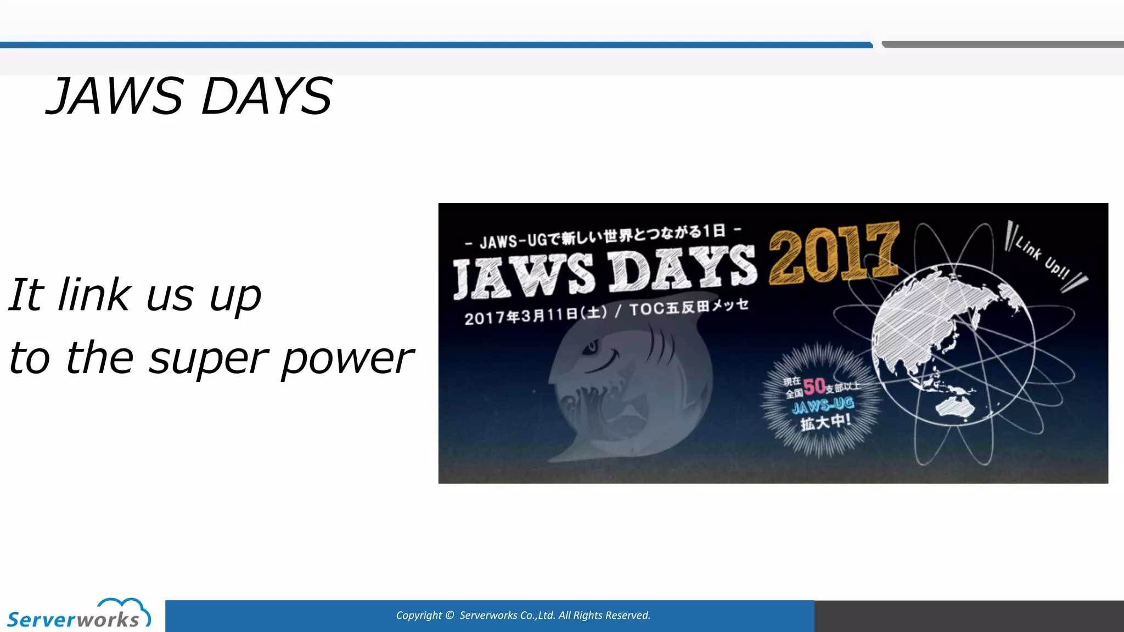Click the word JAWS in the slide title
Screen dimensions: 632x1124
[x=115, y=97]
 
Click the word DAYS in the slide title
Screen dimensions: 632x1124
[x=267, y=97]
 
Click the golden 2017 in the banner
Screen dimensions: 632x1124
[x=834, y=253]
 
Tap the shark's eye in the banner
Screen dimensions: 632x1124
[x=591, y=347]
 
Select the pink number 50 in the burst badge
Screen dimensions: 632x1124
[x=814, y=386]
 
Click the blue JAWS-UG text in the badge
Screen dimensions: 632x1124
[x=823, y=405]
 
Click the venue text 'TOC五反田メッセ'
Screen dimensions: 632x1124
[x=689, y=307]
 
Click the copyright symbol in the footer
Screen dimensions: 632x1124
[x=449, y=616]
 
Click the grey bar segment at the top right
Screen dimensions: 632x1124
[x=1002, y=44]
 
